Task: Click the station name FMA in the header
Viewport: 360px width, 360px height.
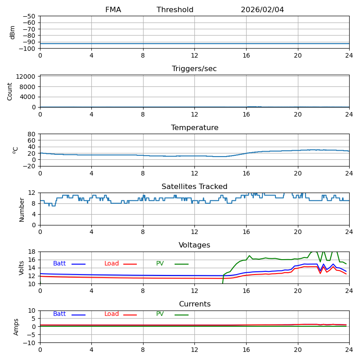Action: click(x=113, y=10)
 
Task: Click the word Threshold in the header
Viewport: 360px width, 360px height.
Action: click(x=175, y=10)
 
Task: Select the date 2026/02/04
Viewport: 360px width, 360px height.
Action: click(x=262, y=10)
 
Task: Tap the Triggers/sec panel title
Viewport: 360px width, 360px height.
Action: click(x=194, y=69)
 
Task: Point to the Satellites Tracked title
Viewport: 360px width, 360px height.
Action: click(x=194, y=187)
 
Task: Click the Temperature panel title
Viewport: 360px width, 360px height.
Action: click(x=194, y=128)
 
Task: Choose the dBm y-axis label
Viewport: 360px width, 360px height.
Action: click(x=13, y=32)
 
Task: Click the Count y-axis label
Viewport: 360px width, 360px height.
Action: click(x=10, y=91)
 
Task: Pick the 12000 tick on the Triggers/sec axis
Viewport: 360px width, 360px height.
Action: click(x=26, y=76)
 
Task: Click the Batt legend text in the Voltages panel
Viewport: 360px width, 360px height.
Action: click(x=59, y=264)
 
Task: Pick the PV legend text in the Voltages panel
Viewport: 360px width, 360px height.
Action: click(x=160, y=264)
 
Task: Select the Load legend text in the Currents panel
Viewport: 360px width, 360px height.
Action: click(x=112, y=314)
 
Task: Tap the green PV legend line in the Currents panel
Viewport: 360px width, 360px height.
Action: click(x=181, y=315)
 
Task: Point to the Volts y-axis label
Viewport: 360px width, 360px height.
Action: click(x=22, y=268)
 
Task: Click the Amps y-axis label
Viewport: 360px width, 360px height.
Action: click(x=16, y=327)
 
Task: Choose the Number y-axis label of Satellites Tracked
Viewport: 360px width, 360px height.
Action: click(x=22, y=209)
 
